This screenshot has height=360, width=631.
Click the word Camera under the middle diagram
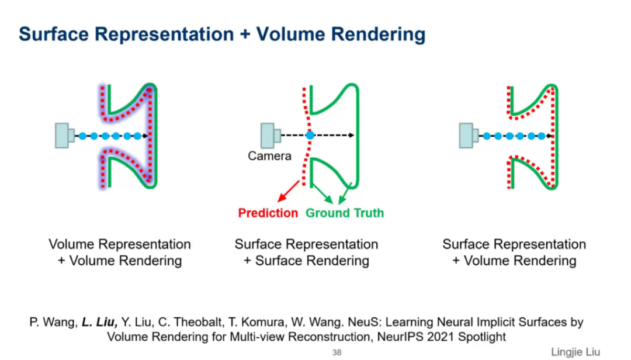coord(269,156)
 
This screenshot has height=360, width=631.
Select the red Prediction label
coord(268,213)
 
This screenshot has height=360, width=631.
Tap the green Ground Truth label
coord(345,213)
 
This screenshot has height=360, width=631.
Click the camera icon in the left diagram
coord(64,136)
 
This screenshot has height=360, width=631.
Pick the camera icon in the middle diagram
coord(270,135)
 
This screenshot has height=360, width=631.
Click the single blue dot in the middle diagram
coord(310,135)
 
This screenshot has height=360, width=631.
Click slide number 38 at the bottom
coord(337,352)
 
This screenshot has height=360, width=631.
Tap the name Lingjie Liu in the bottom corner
coord(575,352)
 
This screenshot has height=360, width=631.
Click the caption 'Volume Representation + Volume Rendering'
coord(120,252)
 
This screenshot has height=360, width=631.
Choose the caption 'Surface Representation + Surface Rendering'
coord(306,252)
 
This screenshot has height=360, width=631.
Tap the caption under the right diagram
coord(514,252)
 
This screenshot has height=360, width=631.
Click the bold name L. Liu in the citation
coord(100,322)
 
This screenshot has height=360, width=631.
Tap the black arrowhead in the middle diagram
coord(351,135)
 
